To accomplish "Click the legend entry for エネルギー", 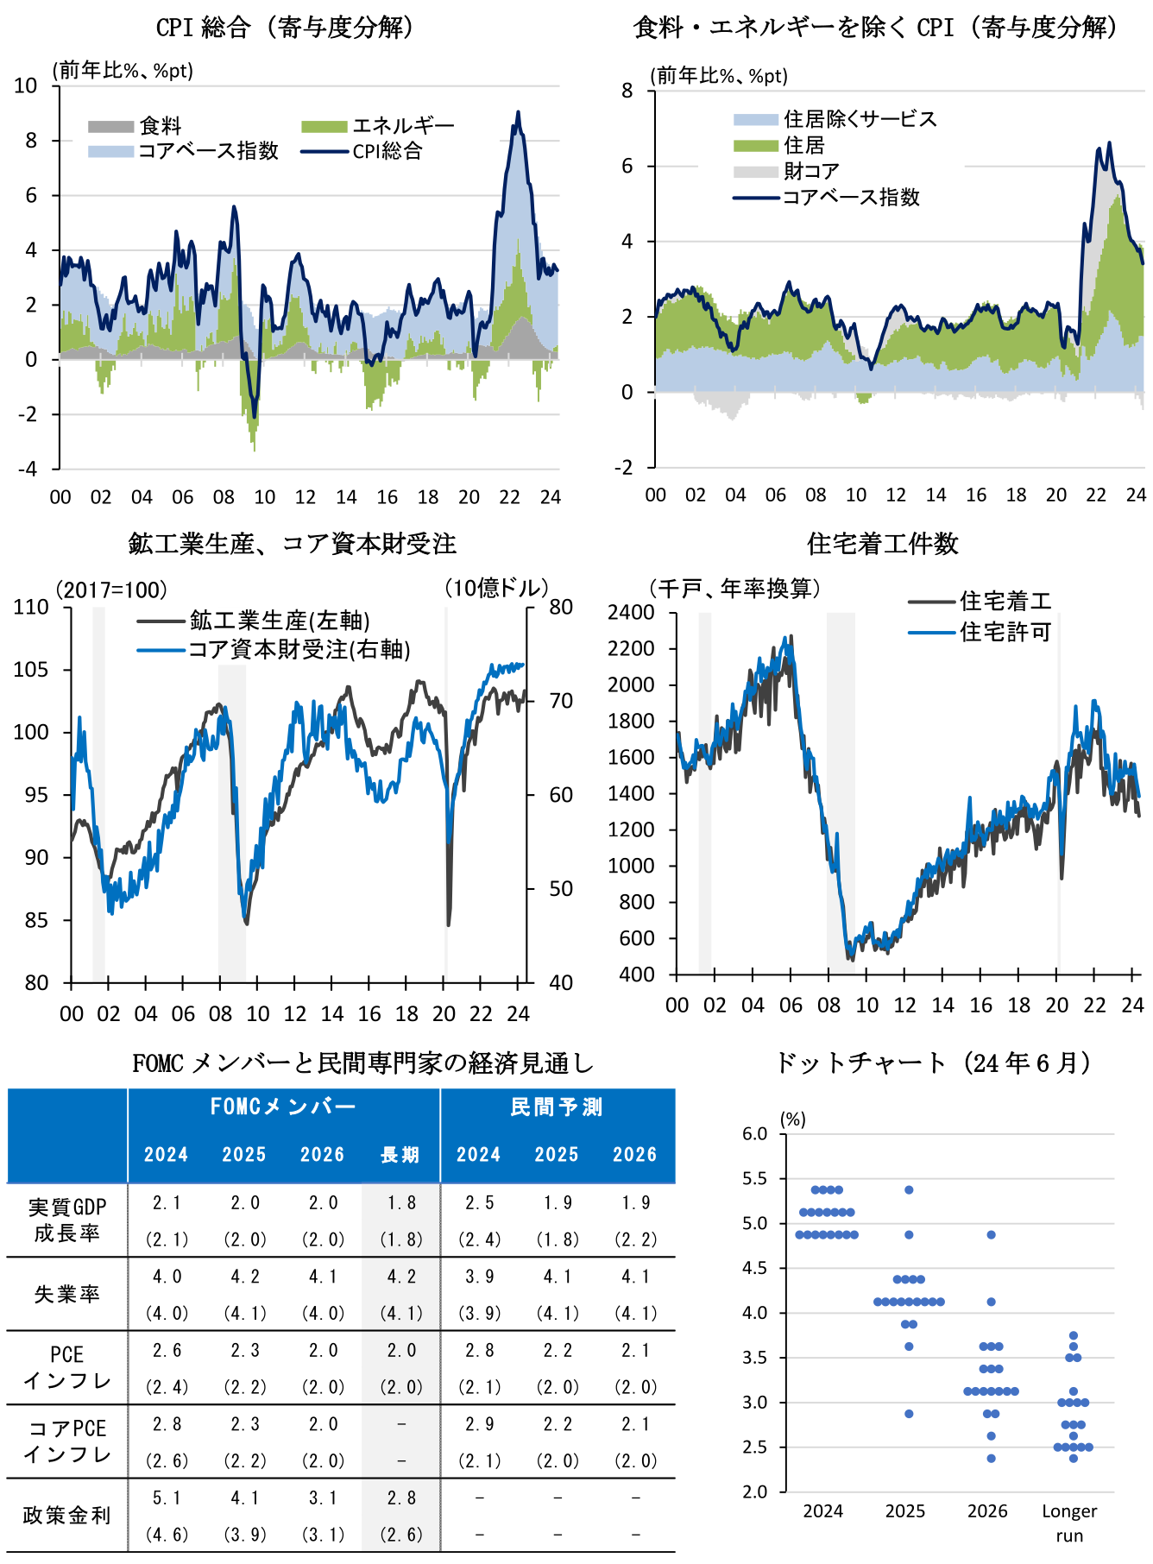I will tap(402, 126).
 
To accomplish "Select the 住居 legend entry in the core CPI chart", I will tap(803, 145).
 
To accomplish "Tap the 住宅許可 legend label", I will tap(1005, 632).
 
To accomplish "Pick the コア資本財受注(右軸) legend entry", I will tap(299, 649).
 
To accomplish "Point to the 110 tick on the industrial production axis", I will tap(31, 608).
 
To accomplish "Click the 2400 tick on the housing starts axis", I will tap(631, 613).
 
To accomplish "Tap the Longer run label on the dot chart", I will tap(1069, 1523).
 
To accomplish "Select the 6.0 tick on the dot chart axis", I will tap(754, 1134).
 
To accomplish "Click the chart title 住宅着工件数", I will tap(882, 544).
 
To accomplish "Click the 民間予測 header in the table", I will tap(557, 1107).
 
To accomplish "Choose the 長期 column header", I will tap(400, 1155).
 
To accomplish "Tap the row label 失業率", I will tap(66, 1294).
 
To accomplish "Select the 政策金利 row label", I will tap(66, 1516).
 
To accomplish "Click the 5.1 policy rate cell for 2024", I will tap(167, 1498).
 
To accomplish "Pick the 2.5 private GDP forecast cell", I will tap(479, 1203).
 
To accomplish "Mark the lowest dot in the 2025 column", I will tap(909, 1414).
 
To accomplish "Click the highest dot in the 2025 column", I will tap(909, 1190).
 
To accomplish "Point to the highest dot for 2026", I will tap(991, 1235).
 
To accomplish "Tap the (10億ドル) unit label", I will tap(496, 589).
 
